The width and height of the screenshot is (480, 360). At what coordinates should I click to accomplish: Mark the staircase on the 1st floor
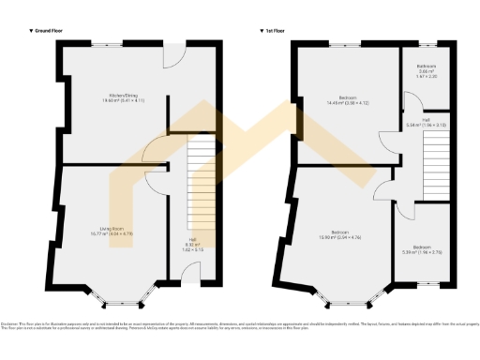pyautogui.click(x=436, y=165)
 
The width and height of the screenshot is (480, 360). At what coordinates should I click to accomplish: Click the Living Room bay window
pyautogui.click(x=119, y=301)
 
